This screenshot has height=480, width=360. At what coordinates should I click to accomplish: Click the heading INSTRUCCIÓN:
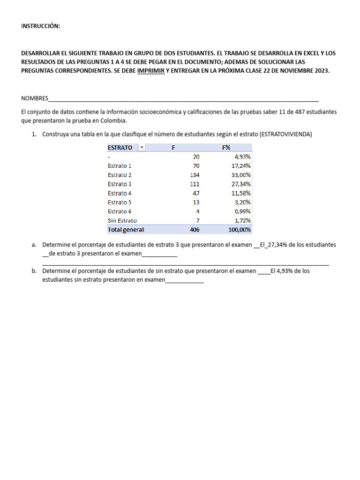point(41,26)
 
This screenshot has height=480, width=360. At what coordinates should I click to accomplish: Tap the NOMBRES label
point(35,98)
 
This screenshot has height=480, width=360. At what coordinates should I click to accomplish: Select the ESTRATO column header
point(120,148)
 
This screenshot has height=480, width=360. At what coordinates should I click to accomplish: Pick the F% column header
point(226,148)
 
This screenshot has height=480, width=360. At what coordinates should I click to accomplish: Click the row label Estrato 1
point(120,166)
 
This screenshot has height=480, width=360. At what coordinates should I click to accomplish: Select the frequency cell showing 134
point(195,175)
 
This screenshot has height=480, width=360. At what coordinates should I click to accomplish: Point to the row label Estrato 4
point(120,193)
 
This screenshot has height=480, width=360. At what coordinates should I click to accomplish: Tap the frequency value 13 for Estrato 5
point(196,202)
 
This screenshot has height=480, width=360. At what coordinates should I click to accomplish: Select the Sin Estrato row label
point(122,220)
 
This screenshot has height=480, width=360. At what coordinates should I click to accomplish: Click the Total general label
point(126,230)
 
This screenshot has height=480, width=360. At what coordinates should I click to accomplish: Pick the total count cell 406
point(195,230)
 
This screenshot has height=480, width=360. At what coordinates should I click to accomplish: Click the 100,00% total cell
point(239,230)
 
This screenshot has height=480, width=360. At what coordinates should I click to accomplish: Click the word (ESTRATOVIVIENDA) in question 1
point(285,134)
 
